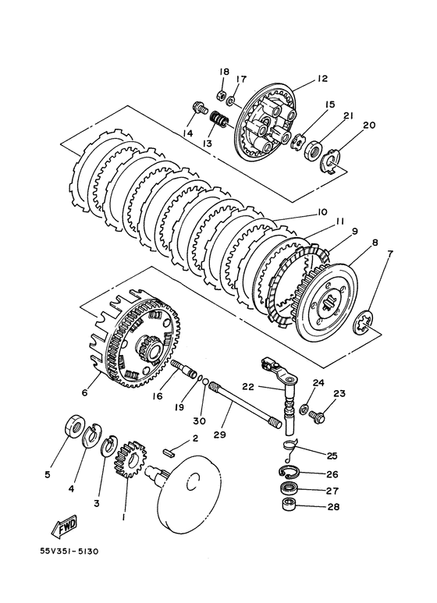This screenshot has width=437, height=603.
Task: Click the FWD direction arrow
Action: (x=64, y=525)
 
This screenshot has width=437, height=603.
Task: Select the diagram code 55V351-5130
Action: (x=69, y=552)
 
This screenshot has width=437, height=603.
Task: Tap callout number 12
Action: (x=322, y=79)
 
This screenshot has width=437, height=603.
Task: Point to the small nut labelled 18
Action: (x=222, y=94)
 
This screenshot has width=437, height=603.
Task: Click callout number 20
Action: (x=369, y=126)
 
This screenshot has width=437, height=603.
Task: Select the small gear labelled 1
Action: (x=131, y=460)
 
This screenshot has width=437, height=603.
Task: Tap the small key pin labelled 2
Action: (x=168, y=452)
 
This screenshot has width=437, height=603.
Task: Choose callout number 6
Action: (x=85, y=392)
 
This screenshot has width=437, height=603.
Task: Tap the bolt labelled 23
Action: (x=317, y=415)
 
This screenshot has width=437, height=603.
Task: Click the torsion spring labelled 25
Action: (x=291, y=449)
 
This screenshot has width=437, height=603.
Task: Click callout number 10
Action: (x=322, y=212)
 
